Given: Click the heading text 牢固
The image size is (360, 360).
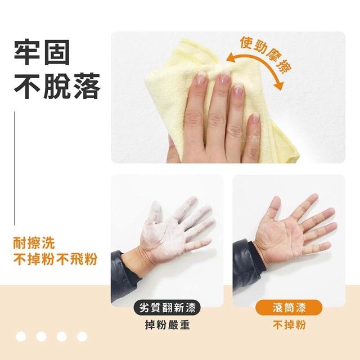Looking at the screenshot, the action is coord(42,52).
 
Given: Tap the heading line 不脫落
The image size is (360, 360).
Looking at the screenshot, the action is coord(57,86).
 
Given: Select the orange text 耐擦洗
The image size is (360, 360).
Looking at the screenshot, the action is coord(34,243).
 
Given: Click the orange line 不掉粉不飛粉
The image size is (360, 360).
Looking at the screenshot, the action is coord(55,259).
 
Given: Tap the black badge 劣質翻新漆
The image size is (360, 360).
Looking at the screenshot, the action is coord(167,308).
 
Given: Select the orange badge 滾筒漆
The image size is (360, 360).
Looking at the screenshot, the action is coord(289,308).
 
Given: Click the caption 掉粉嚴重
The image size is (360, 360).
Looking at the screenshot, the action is coord(168,325).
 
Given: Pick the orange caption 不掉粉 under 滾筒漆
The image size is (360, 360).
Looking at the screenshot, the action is coord(289,325).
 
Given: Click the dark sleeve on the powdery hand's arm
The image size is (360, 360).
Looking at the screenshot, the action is coord(123,276).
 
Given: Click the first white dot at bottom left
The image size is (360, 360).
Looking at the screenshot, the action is coord(21,336).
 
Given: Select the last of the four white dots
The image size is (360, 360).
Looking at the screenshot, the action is coord(82,336).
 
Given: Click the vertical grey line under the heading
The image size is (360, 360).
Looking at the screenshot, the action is coord(15,168).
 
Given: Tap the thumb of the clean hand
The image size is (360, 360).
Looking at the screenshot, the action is coord(274,209).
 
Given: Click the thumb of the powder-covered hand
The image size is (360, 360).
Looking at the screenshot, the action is coord(154,214).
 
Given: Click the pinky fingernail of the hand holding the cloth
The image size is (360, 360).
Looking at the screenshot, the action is coord(254,118).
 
